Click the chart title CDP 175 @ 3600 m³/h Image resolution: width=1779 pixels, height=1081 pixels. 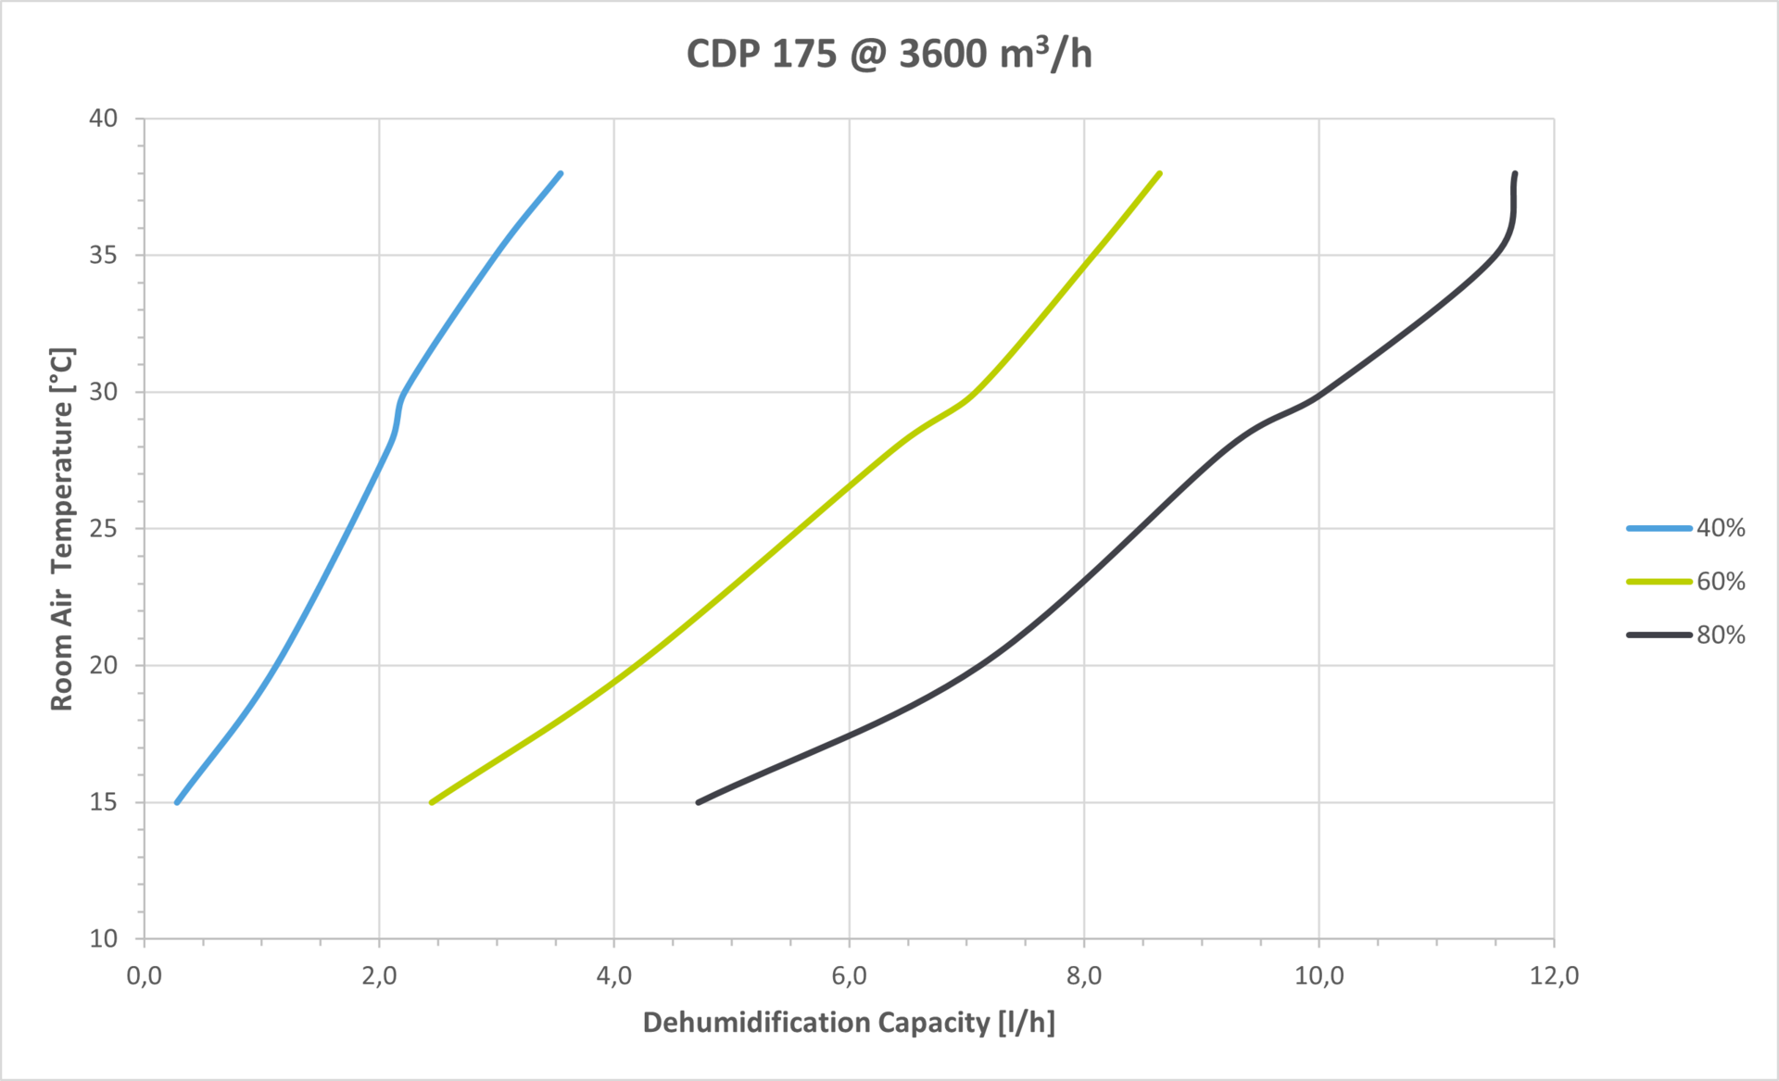point(889,54)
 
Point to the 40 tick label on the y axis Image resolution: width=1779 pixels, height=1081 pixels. point(104,119)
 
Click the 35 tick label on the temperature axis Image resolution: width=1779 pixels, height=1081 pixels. point(104,255)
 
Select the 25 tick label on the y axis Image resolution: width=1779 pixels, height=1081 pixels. point(104,529)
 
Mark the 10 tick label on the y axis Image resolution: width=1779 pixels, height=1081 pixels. point(104,938)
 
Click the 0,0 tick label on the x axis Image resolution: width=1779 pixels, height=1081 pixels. point(144,975)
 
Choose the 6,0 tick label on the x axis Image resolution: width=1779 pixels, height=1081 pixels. point(849,975)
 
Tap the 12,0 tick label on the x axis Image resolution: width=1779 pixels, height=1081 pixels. point(1554,975)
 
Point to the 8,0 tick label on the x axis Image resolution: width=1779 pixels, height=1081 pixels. point(1084,975)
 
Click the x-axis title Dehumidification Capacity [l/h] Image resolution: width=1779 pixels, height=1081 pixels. point(849,1023)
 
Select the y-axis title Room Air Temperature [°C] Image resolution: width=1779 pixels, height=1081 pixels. point(62,529)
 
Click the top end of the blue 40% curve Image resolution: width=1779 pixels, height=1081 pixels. point(561,173)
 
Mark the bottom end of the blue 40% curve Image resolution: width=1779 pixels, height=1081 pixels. point(177,802)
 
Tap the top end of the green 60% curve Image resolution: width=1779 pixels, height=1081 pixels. point(1160,173)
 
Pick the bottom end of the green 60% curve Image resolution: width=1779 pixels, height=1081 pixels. point(432,802)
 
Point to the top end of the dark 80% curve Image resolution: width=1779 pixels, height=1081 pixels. point(1515,173)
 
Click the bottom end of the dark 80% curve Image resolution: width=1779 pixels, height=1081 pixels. point(698,802)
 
